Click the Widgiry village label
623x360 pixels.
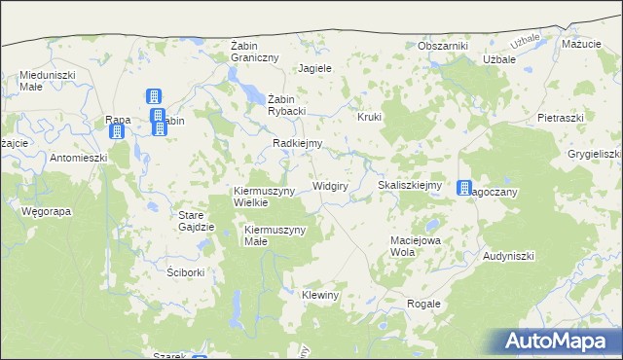tap(330, 185)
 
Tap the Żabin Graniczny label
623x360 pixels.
tap(254, 52)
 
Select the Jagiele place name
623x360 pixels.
tap(315, 69)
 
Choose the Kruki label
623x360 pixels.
tap(370, 117)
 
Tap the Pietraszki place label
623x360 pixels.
tap(560, 117)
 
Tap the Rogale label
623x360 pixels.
tap(423, 304)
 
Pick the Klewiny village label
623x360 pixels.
tap(319, 295)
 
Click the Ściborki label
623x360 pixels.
tap(185, 272)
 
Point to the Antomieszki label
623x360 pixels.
tap(78, 158)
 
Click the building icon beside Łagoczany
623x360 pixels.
tap(464, 188)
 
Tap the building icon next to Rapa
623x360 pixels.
tap(117, 132)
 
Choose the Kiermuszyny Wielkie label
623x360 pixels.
tap(264, 197)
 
